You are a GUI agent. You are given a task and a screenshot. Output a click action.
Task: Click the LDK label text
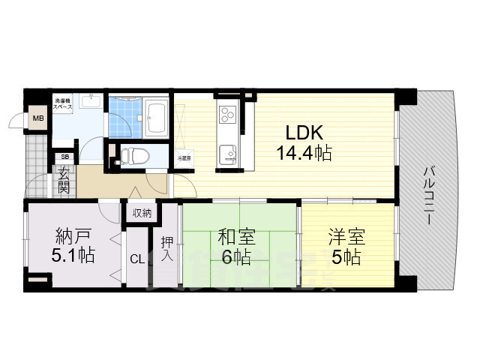[x=303, y=133]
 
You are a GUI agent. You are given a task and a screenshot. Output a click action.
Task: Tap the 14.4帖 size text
[x=303, y=154]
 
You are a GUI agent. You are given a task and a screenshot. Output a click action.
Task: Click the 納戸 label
[x=73, y=234]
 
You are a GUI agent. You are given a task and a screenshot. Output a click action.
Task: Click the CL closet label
[x=137, y=259]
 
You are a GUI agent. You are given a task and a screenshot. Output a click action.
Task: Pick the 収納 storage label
[x=142, y=214]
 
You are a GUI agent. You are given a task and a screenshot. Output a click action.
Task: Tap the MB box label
[x=37, y=118]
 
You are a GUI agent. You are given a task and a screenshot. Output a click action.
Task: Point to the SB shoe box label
[x=64, y=157]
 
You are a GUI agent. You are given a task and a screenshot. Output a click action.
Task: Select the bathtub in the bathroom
[x=157, y=116]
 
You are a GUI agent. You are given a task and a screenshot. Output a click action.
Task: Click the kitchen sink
[x=227, y=154]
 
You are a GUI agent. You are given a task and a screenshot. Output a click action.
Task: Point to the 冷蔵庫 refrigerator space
[x=183, y=159]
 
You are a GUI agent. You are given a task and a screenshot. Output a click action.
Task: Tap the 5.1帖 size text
[x=73, y=256]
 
